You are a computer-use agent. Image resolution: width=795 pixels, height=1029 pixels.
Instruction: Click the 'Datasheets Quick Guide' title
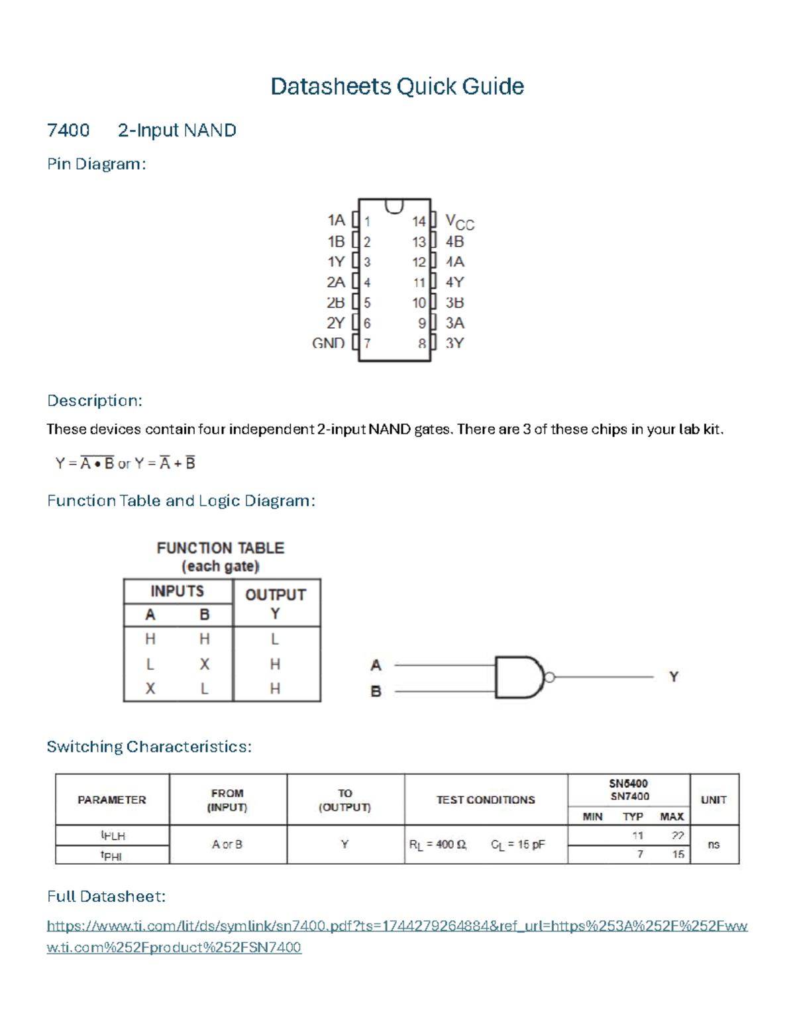click(397, 87)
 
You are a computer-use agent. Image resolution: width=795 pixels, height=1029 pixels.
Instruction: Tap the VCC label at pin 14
click(459, 222)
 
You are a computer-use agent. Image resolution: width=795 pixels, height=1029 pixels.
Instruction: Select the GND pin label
click(329, 343)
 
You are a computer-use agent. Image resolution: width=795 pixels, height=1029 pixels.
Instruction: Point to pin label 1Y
click(336, 262)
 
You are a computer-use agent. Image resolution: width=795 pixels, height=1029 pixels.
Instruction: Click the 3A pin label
click(454, 323)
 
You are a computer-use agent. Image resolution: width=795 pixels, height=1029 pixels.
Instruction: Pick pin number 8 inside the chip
click(421, 344)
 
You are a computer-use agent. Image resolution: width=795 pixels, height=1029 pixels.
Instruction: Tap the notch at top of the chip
click(394, 206)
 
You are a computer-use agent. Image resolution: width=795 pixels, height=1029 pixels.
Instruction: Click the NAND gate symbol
click(519, 677)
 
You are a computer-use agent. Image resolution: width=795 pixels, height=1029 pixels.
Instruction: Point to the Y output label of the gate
click(674, 677)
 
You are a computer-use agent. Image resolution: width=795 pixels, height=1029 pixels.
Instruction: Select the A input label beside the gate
click(376, 665)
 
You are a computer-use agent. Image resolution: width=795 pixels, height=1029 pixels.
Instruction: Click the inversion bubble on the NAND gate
click(549, 677)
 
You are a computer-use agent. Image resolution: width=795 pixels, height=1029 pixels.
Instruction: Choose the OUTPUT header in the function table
click(276, 595)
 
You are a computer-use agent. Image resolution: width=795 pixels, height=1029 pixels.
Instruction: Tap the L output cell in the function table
click(275, 639)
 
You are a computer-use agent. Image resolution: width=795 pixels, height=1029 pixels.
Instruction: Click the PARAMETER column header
click(112, 800)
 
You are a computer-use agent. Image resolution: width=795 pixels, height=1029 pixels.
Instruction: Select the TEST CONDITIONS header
click(486, 800)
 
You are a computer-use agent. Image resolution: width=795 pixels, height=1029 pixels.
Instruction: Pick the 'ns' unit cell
click(714, 845)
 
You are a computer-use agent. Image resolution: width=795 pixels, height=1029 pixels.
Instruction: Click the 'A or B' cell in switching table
click(227, 845)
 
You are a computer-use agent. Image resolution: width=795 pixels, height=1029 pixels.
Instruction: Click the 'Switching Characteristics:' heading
click(149, 747)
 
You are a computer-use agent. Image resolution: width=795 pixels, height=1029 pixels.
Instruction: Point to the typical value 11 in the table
click(637, 836)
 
